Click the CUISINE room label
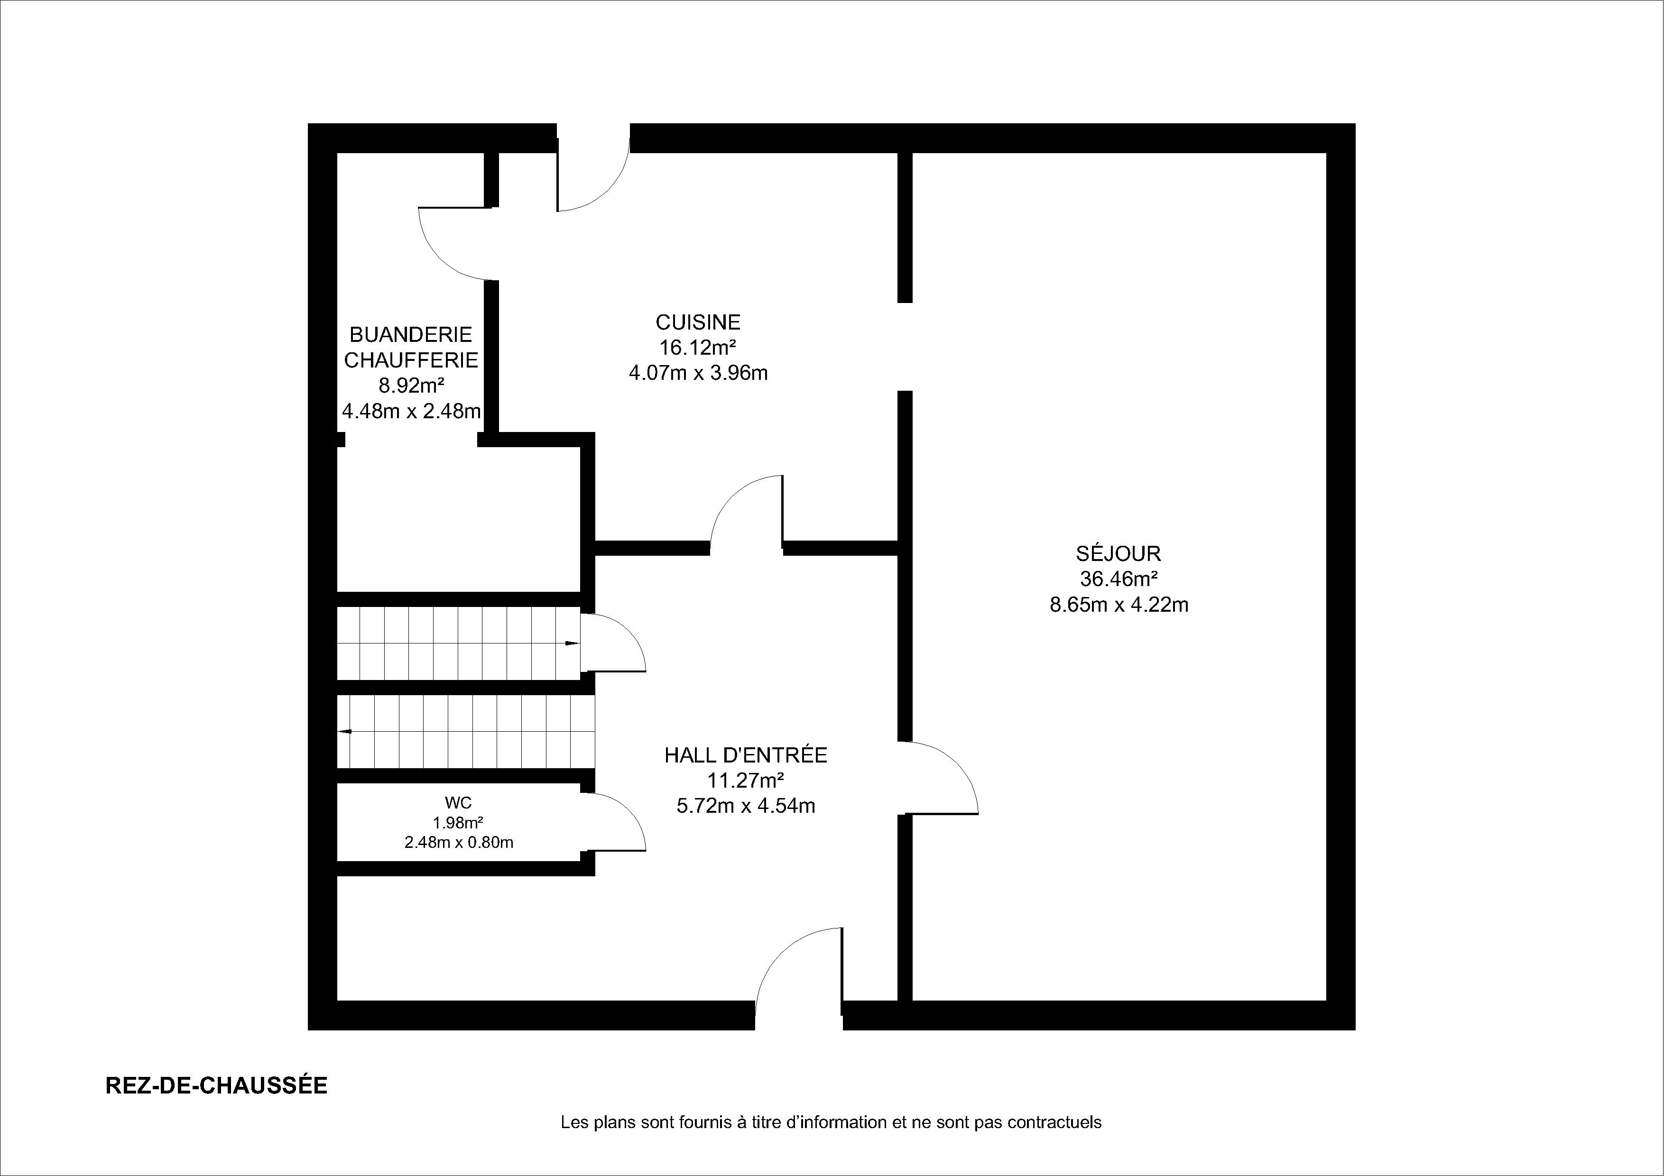(698, 322)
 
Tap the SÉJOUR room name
(1119, 553)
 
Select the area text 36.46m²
(1119, 579)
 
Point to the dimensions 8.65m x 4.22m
(1119, 604)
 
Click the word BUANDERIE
(411, 335)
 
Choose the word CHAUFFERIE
(411, 360)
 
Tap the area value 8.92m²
(411, 386)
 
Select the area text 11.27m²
(746, 781)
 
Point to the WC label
(458, 802)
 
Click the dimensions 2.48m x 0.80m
(459, 842)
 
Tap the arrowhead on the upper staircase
(572, 643)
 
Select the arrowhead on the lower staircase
(345, 732)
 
